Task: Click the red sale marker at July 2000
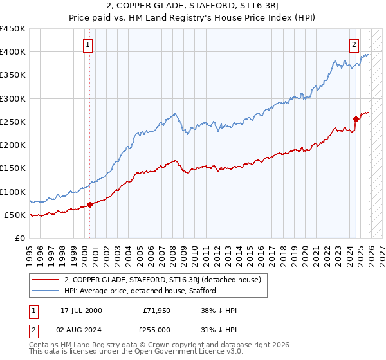[x=89, y=204]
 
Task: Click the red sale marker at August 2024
[x=356, y=119]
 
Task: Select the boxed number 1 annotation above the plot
[x=87, y=44]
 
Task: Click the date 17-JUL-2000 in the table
[x=81, y=310]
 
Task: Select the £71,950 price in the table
[x=156, y=310]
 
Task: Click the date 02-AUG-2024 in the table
[x=81, y=329]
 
